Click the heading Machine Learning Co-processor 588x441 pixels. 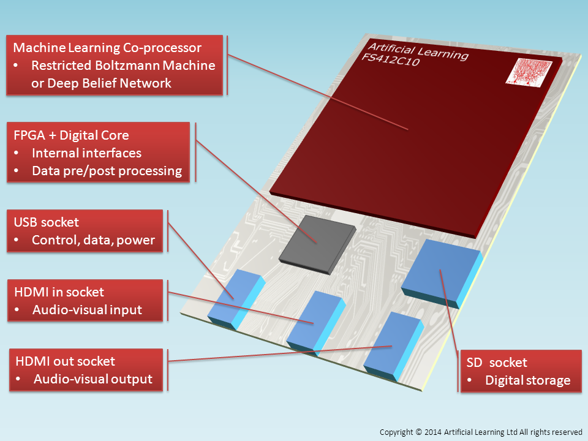[x=116, y=48]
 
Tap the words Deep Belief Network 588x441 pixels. [x=102, y=83]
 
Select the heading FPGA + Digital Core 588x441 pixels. [x=71, y=135]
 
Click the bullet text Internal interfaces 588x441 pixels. [x=86, y=153]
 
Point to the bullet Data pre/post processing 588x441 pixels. [x=107, y=171]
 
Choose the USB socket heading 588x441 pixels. [x=46, y=222]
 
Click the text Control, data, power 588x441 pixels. [x=93, y=240]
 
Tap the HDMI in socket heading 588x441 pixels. [x=59, y=292]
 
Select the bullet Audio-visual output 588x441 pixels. [x=92, y=379]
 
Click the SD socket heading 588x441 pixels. [x=497, y=363]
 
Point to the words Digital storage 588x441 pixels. [x=527, y=380]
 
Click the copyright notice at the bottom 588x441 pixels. [x=480, y=432]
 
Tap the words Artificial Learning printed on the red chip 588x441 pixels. [x=417, y=51]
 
